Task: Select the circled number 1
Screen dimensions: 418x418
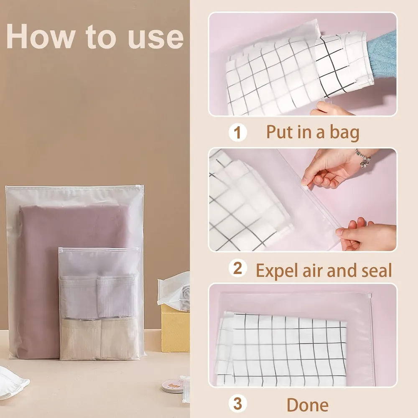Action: pos(237,132)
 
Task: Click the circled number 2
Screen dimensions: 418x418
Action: pos(237,268)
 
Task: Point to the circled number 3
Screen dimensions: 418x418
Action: pos(237,404)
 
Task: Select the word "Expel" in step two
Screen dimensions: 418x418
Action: pos(277,270)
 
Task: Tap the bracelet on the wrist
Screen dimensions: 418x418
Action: pos(363,158)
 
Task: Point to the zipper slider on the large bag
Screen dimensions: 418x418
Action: pos(140,186)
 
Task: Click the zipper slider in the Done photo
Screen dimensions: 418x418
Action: pos(370,296)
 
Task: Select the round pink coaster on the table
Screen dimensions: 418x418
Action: pos(173,387)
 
